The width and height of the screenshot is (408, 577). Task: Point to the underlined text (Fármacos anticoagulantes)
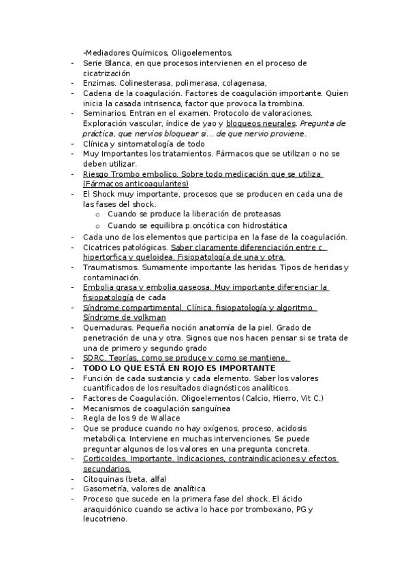136,184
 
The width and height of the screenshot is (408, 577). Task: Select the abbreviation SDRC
94,358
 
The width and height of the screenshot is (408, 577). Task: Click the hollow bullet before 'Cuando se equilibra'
98,225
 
